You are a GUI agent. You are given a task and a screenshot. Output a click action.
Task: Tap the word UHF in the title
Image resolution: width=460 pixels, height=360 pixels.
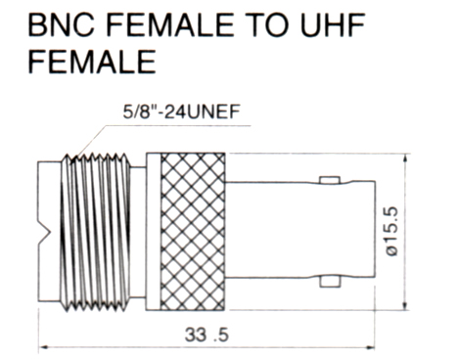tap(332, 24)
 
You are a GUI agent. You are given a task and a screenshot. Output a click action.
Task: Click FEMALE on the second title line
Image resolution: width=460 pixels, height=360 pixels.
tap(92, 62)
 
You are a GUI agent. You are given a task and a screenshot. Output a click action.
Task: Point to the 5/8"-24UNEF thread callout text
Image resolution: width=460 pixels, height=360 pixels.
tap(181, 112)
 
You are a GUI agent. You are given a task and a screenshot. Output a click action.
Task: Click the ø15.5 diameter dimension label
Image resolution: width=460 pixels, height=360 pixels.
tap(391, 232)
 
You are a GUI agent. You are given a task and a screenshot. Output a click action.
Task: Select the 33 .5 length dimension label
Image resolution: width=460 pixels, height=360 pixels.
tap(207, 335)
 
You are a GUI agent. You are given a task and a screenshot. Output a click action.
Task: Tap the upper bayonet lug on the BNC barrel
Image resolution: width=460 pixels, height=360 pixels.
tap(330, 180)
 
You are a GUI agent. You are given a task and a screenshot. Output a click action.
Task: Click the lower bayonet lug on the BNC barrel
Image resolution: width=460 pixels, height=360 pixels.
tap(330, 282)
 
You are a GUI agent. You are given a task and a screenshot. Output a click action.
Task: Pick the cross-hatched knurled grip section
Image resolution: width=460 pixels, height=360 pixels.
tap(193, 231)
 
